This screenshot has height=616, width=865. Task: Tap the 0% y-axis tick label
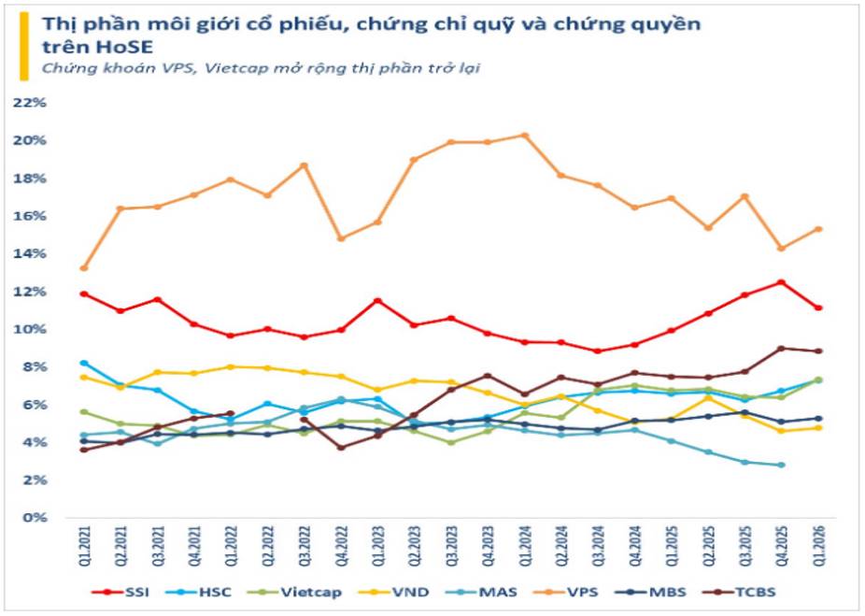(35, 518)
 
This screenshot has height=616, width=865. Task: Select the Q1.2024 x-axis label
(526, 546)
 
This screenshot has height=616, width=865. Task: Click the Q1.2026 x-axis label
(819, 546)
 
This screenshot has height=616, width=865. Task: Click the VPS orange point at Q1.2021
(84, 268)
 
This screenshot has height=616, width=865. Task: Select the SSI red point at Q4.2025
(782, 282)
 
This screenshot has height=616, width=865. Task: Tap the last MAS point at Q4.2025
(782, 465)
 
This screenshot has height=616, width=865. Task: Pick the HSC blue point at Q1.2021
(84, 363)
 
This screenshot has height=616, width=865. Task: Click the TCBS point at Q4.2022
(341, 448)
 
